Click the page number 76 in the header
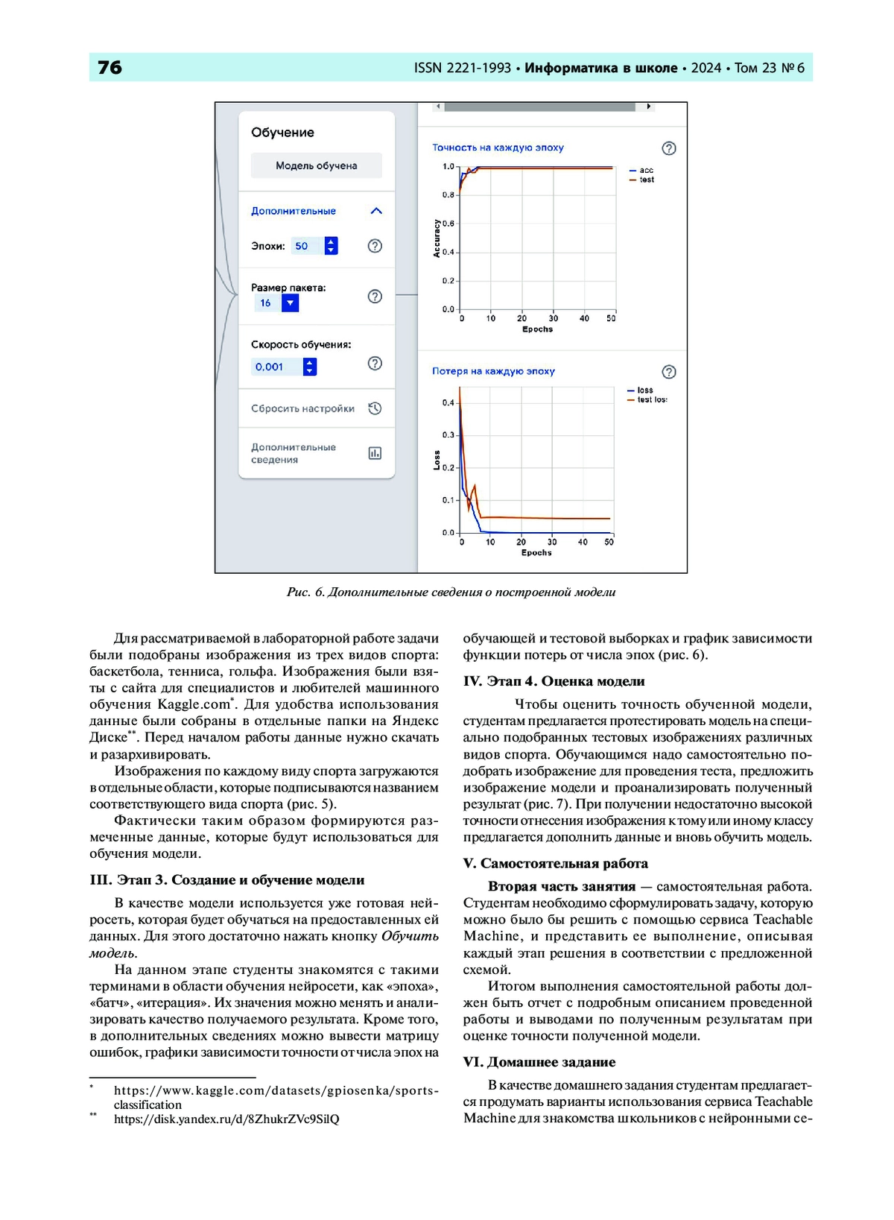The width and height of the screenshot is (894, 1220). pyautogui.click(x=110, y=68)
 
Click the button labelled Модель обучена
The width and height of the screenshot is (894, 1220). pyautogui.click(x=316, y=165)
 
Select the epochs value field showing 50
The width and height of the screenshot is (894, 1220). pyautogui.click(x=306, y=246)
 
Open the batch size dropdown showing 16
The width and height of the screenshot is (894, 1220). pyautogui.click(x=290, y=303)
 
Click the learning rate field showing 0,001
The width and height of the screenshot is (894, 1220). pyautogui.click(x=276, y=367)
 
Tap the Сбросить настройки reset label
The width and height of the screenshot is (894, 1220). pyautogui.click(x=302, y=408)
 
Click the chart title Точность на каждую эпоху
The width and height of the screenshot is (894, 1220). pyautogui.click(x=498, y=148)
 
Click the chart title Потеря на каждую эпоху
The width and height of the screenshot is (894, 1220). pyautogui.click(x=493, y=371)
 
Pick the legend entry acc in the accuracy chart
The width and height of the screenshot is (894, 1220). pyautogui.click(x=645, y=171)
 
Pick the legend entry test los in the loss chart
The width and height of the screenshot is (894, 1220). pyautogui.click(x=651, y=400)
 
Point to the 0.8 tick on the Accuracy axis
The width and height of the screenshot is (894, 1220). pyautogui.click(x=448, y=195)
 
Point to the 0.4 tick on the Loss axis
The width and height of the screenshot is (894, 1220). pyautogui.click(x=448, y=403)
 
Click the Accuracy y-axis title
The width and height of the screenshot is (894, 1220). pyautogui.click(x=437, y=238)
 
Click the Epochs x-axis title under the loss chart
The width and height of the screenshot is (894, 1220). pyautogui.click(x=536, y=553)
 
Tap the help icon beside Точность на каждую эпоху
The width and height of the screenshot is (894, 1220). pyautogui.click(x=669, y=148)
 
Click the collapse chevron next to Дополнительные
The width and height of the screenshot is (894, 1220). pyautogui.click(x=376, y=211)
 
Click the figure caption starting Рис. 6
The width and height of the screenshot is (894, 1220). pyautogui.click(x=451, y=592)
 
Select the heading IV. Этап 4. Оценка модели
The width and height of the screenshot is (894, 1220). pyautogui.click(x=554, y=681)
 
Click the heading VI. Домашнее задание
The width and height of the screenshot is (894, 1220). pyautogui.click(x=539, y=1062)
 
